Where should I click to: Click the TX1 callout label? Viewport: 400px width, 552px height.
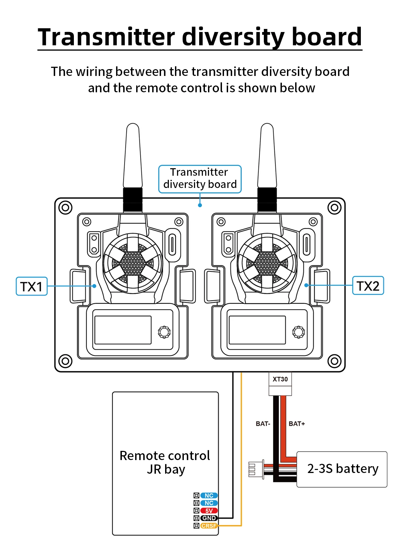(x=32, y=286)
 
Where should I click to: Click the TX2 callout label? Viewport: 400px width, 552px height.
(x=368, y=286)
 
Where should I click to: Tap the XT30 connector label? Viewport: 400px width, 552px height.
(x=280, y=379)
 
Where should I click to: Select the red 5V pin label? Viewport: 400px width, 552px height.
(x=209, y=511)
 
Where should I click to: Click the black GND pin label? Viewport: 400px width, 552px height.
(x=209, y=518)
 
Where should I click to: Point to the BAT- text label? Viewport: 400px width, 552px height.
(x=263, y=424)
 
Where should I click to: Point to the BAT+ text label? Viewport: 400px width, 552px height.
(x=297, y=424)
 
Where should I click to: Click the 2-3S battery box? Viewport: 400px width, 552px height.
(x=342, y=469)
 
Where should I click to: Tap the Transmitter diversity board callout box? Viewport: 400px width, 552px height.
(x=200, y=179)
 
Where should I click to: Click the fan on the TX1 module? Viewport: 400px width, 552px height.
(x=133, y=263)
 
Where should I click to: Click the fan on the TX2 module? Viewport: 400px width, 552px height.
(x=267, y=263)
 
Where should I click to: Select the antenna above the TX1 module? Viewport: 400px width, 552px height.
(x=133, y=157)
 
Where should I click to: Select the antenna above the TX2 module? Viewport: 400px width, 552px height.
(x=267, y=157)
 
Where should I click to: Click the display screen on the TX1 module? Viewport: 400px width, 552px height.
(x=123, y=330)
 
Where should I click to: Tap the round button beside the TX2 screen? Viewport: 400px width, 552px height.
(x=299, y=332)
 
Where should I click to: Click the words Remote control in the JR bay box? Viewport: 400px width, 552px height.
(x=165, y=456)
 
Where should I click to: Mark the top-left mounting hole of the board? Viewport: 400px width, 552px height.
(x=65, y=207)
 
